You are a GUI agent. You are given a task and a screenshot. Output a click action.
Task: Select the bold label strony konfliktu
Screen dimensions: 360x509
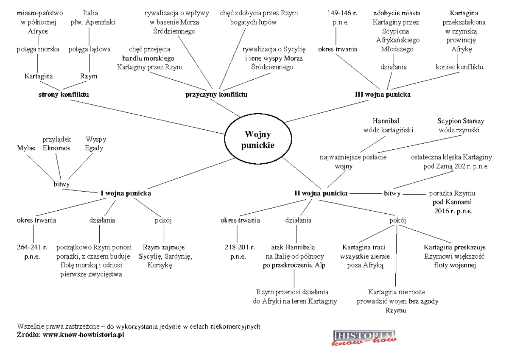click(64, 94)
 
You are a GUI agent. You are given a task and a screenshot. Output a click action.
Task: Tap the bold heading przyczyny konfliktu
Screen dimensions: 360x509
click(216, 94)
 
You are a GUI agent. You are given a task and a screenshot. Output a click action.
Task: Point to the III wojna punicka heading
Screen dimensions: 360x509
click(383, 94)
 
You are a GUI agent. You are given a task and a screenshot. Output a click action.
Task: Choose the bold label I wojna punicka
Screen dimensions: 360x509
click(126, 193)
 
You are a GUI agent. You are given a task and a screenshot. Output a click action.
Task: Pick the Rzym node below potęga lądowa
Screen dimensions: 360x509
click(89, 76)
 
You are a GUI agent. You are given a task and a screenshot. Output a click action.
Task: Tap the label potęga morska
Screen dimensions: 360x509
click(38, 49)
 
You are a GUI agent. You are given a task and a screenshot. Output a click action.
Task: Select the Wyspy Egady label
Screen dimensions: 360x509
click(96, 144)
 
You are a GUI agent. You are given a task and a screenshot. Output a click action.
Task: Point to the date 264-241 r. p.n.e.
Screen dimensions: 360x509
click(33, 252)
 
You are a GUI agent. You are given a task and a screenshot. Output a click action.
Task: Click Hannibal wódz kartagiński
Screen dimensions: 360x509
click(386, 126)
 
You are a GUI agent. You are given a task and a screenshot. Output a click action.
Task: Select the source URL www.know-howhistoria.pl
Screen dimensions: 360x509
click(83, 335)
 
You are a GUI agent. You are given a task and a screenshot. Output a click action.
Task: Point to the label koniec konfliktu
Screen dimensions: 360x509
click(460, 67)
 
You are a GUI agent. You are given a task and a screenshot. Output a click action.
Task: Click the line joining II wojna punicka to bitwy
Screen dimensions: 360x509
click(365, 193)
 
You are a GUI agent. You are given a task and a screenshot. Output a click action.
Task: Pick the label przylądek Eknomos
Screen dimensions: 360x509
click(57, 144)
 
